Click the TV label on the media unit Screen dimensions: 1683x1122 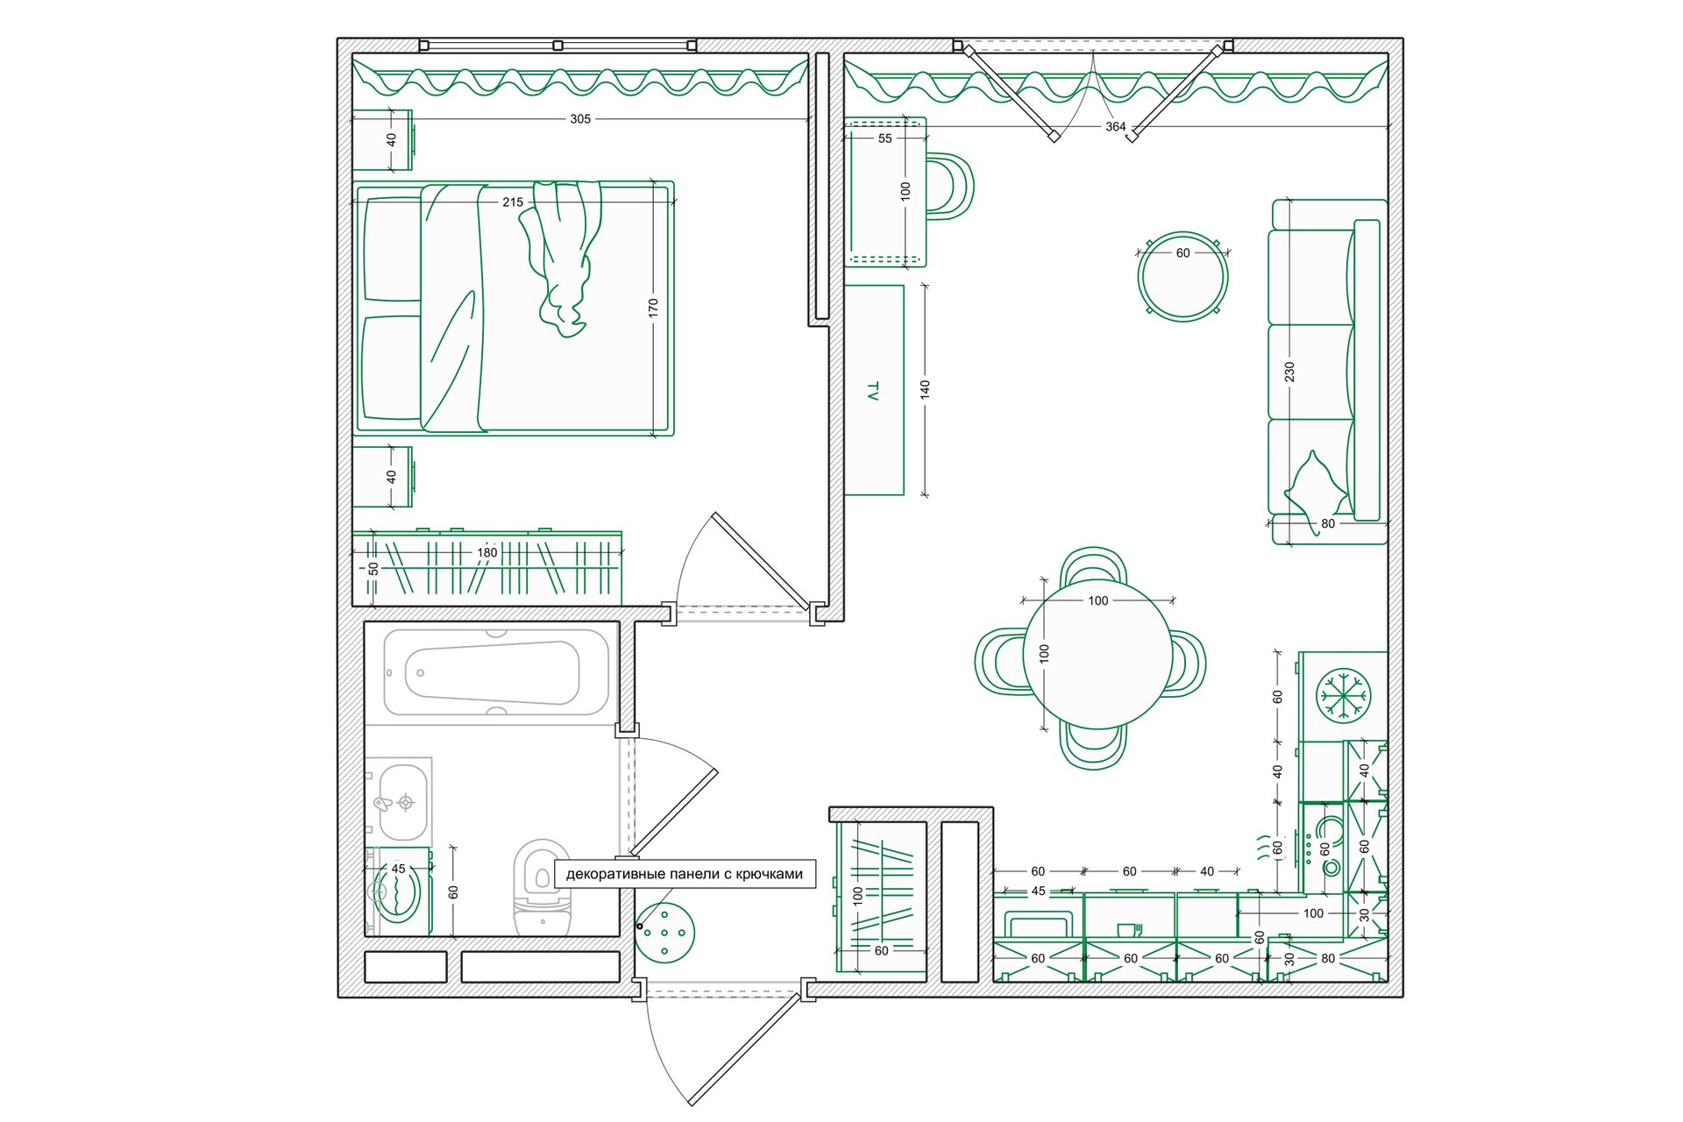(x=872, y=391)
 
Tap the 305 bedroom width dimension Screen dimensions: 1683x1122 (x=580, y=119)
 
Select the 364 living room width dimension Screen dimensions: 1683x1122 (x=1115, y=127)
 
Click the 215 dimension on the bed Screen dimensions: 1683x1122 (x=513, y=202)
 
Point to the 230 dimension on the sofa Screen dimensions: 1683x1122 (x=1289, y=373)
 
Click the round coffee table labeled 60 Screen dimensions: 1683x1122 (x=1182, y=276)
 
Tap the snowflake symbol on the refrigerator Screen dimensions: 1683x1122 (x=1344, y=695)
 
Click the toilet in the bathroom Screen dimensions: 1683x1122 (x=542, y=887)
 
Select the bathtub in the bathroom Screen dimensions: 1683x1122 (x=495, y=672)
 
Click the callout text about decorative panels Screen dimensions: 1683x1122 (x=685, y=874)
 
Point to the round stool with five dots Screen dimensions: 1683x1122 (x=664, y=933)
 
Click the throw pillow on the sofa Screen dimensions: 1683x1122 (x=1316, y=485)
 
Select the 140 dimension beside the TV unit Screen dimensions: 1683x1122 (x=925, y=390)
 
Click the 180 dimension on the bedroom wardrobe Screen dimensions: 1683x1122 (x=487, y=553)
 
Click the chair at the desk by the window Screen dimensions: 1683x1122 (x=950, y=186)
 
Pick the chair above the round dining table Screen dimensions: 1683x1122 (x=1093, y=566)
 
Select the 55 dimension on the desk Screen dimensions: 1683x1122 (x=885, y=138)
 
